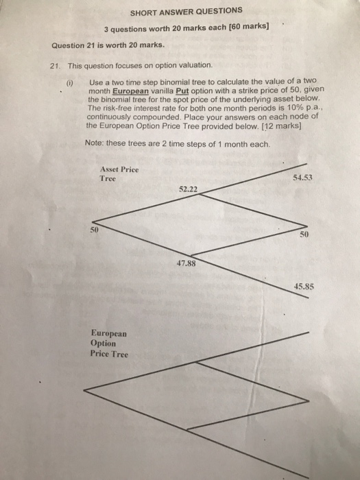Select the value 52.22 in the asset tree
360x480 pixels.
pos(189,187)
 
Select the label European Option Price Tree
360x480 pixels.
pos(108,343)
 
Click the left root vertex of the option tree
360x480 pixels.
pos(84,389)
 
